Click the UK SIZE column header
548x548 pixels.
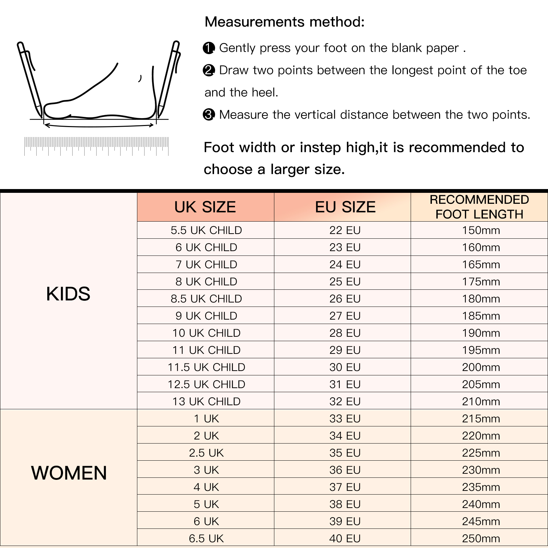coord(205,207)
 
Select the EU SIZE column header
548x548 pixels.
coord(345,207)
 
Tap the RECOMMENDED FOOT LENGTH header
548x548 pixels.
coord(479,207)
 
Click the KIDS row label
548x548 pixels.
coord(68,294)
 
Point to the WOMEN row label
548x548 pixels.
coord(69,473)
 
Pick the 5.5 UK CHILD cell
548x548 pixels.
coord(206,230)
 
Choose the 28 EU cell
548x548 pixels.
coord(345,333)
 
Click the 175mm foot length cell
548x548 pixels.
coord(481,282)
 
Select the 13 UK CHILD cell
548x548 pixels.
coord(206,401)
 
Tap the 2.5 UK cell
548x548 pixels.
coord(206,453)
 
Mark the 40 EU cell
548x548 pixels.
coord(345,538)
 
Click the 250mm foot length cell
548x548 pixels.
coord(481,538)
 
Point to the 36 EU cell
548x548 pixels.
coord(345,470)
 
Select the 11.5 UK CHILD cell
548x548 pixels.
coord(206,367)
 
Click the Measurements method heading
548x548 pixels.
coord(285,22)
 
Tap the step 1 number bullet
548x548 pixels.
coord(209,48)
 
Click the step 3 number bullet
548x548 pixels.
coord(209,114)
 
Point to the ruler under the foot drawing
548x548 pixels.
coord(96,146)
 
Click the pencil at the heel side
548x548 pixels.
coord(168,79)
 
